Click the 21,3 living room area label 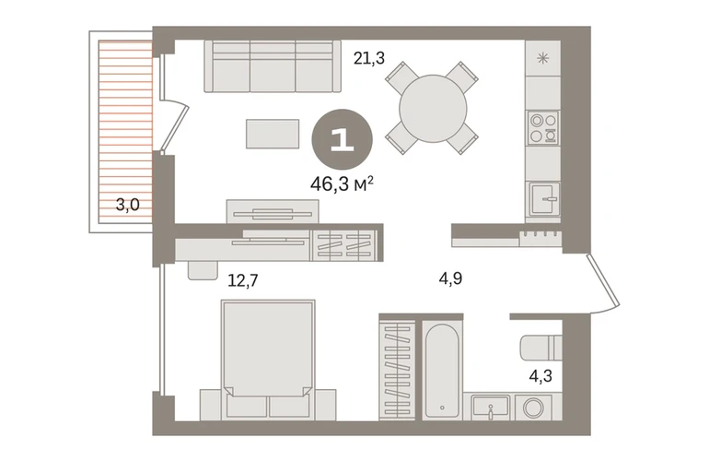pyautogui.click(x=369, y=58)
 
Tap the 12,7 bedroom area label pyautogui.click(x=243, y=281)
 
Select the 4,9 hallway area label pyautogui.click(x=450, y=278)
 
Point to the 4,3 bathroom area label pyautogui.click(x=540, y=375)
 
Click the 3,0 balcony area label pyautogui.click(x=127, y=205)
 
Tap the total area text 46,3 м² pyautogui.click(x=342, y=183)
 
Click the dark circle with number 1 pyautogui.click(x=343, y=140)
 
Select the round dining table pyautogui.click(x=433, y=109)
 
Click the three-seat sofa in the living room pyautogui.click(x=273, y=66)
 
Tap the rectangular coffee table pyautogui.click(x=273, y=134)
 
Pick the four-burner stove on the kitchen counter pyautogui.click(x=543, y=128)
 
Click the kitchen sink pyautogui.click(x=544, y=198)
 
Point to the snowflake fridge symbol pyautogui.click(x=542, y=58)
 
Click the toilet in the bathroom pyautogui.click(x=541, y=348)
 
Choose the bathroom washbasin pyautogui.click(x=490, y=408)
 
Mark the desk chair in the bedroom pyautogui.click(x=203, y=271)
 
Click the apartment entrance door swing pyautogui.click(x=605, y=284)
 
